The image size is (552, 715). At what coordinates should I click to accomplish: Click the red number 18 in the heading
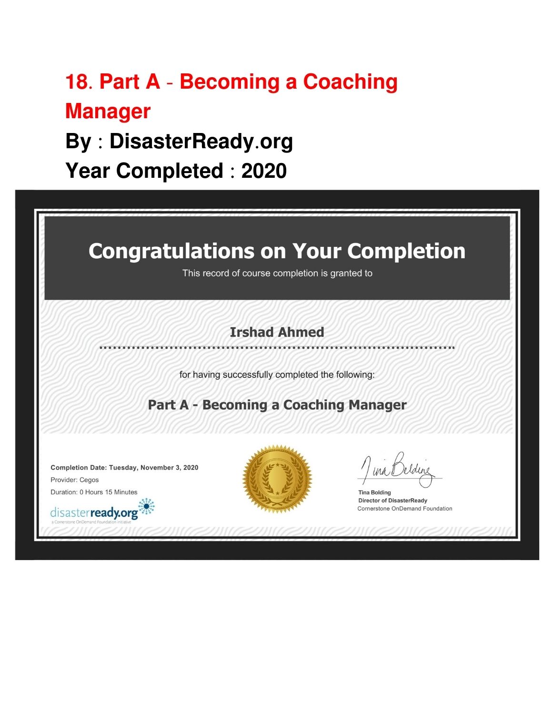77,82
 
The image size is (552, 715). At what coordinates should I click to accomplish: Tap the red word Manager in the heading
108,111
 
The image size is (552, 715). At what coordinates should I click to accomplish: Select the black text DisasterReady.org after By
201,141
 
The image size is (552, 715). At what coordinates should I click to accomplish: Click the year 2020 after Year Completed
264,171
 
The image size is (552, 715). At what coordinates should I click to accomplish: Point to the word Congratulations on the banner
171,251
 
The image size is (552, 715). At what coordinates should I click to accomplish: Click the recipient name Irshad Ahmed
277,332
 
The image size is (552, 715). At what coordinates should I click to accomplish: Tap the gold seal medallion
277,479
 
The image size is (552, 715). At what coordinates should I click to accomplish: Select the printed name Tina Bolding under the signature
374,492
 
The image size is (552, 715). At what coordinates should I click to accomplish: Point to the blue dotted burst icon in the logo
146,506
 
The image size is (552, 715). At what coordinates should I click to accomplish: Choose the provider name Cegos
89,480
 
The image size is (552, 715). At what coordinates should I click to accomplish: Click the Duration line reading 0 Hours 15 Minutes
94,492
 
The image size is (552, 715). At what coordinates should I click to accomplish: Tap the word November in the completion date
160,468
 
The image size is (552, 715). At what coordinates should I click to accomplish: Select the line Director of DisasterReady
392,500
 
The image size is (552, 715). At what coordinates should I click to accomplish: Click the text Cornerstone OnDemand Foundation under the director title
404,509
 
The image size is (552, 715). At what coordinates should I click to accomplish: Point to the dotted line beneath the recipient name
277,347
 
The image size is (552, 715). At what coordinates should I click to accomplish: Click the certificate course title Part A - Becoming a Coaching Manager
277,405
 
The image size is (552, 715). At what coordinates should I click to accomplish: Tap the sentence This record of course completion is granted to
277,273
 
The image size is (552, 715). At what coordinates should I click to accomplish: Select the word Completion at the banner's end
406,251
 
